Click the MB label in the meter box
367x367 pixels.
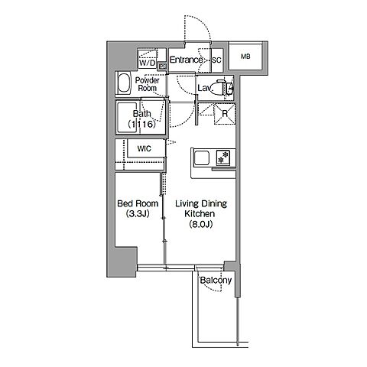pyautogui.click(x=245, y=57)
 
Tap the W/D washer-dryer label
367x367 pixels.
pyautogui.click(x=147, y=63)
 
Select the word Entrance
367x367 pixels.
pyautogui.click(x=186, y=60)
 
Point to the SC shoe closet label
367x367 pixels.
pyautogui.click(x=217, y=60)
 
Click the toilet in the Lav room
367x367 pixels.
pyautogui.click(x=225, y=88)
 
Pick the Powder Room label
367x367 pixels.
pyautogui.click(x=147, y=84)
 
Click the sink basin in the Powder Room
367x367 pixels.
pyautogui.click(x=124, y=84)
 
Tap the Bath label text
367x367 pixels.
pyautogui.click(x=141, y=114)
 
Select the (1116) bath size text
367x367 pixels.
pyautogui.click(x=141, y=124)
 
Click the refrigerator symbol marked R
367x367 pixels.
pyautogui.click(x=225, y=114)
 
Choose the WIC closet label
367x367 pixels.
pyautogui.click(x=144, y=148)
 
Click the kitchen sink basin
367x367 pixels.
pyautogui.click(x=201, y=158)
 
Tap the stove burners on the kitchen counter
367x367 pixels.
pyautogui.click(x=223, y=158)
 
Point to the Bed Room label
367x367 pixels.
pyautogui.click(x=138, y=203)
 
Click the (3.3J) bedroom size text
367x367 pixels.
pyautogui.click(x=138, y=213)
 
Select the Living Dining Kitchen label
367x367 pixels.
pyautogui.click(x=201, y=209)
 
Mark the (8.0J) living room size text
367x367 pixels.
pyautogui.click(x=201, y=224)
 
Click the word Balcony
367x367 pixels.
pyautogui.click(x=216, y=281)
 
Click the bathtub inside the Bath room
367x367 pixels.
pyautogui.click(x=127, y=118)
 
